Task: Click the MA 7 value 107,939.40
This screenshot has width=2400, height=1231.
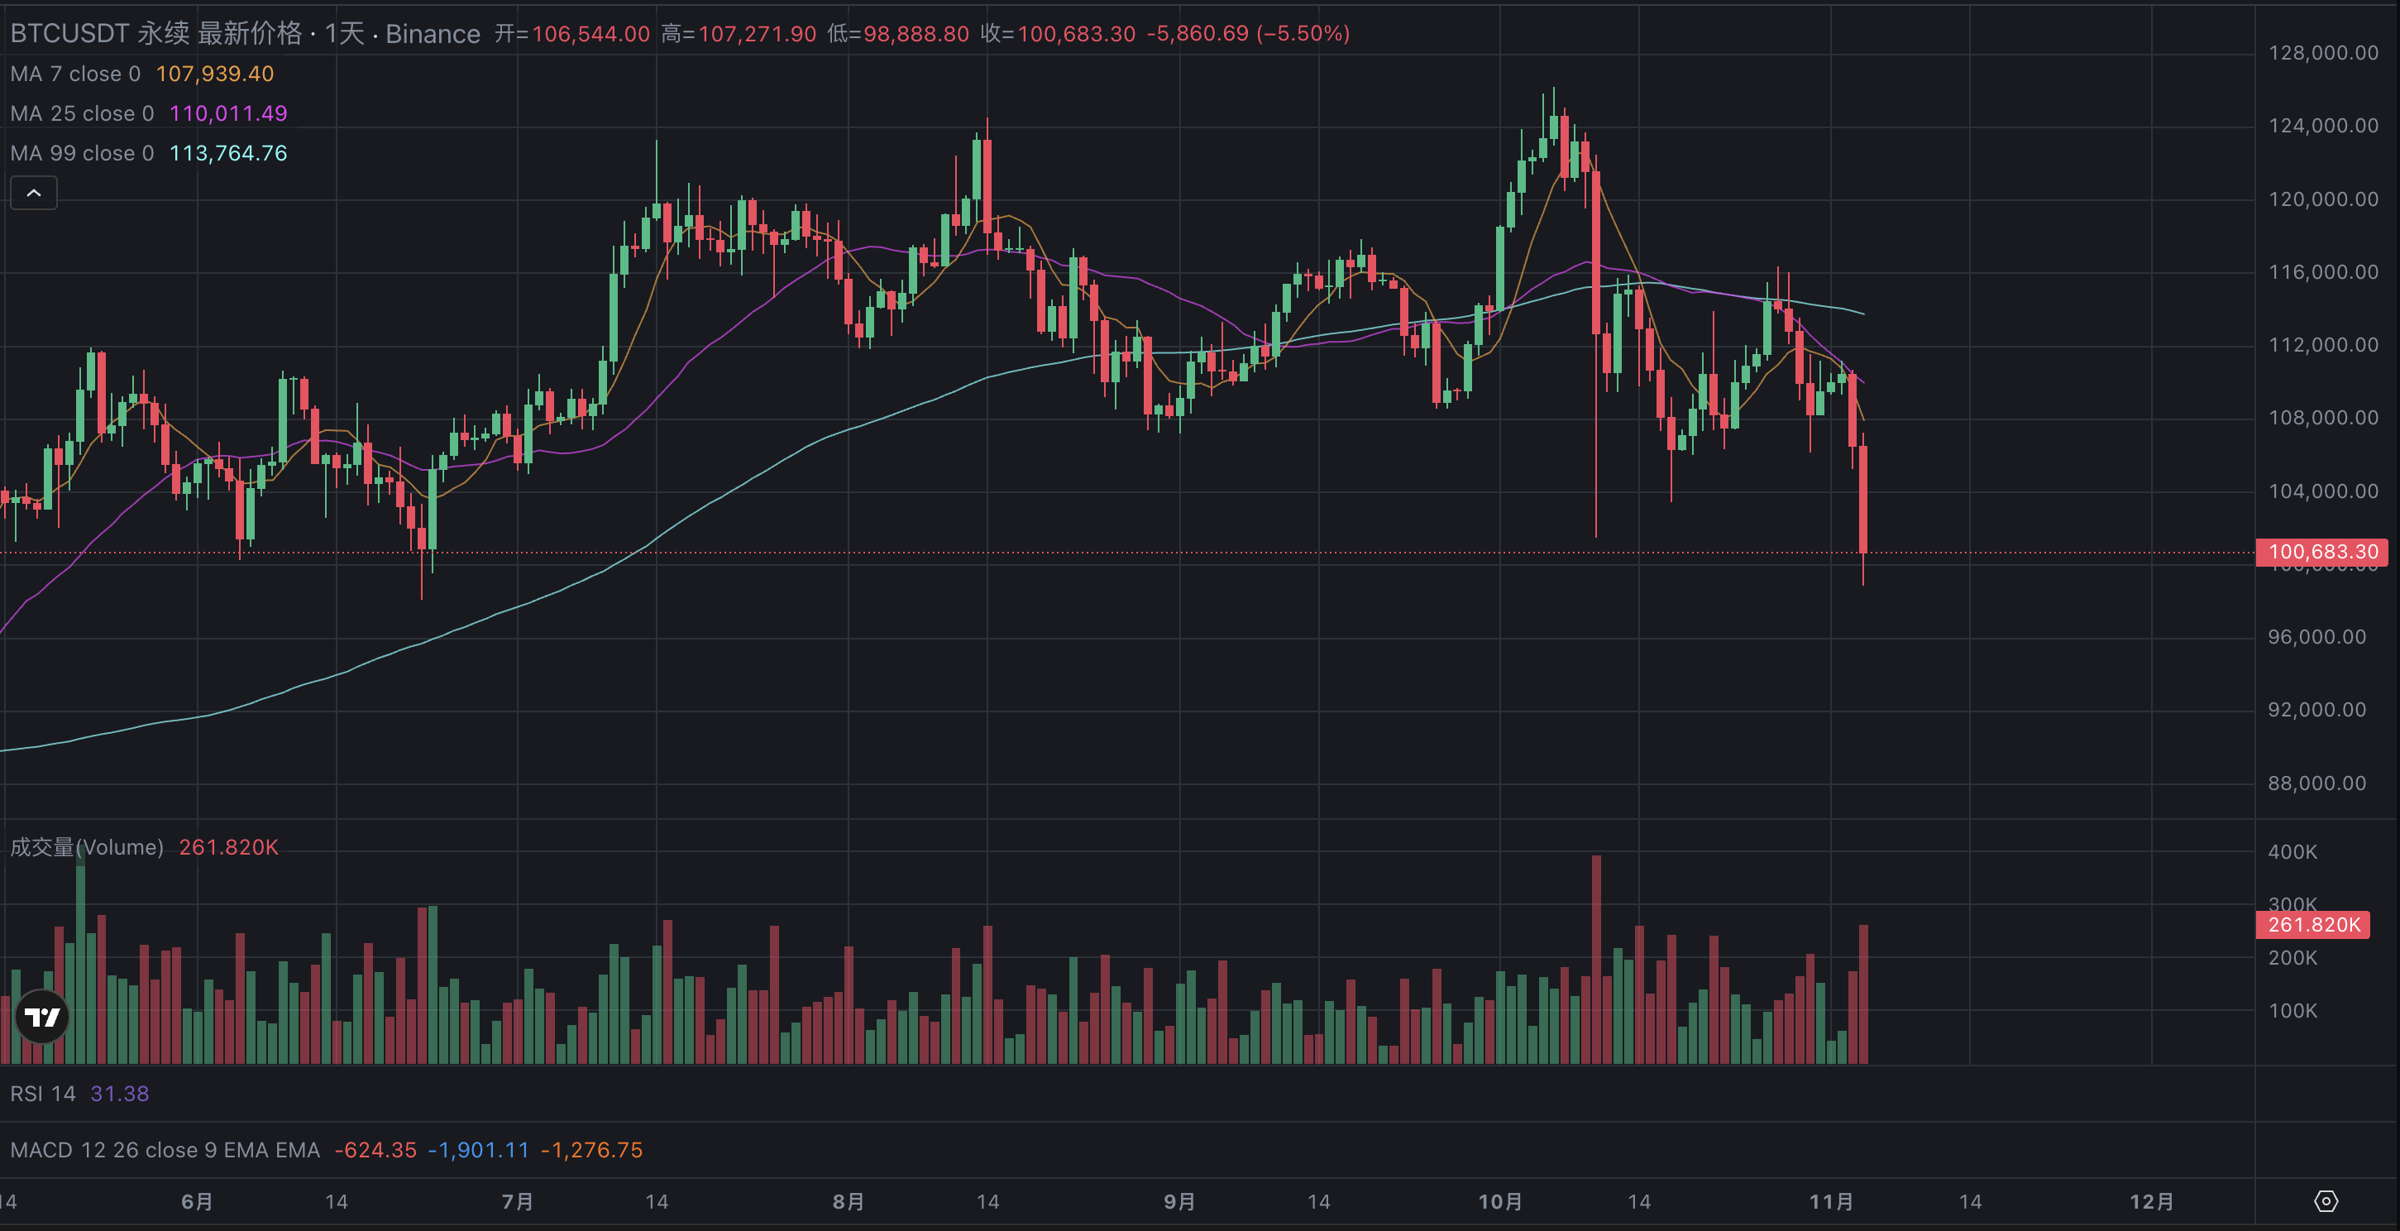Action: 214,74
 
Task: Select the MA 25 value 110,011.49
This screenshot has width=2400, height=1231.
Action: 228,113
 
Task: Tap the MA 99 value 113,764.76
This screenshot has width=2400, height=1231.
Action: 228,153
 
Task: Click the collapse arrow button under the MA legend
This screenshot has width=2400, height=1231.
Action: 34,193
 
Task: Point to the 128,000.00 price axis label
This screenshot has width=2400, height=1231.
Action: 2322,53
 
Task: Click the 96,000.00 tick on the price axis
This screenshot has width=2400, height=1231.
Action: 2316,637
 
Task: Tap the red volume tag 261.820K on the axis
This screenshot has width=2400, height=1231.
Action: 2312,924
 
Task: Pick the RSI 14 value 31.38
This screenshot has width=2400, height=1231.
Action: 119,1093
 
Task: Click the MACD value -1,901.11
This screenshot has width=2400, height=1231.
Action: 478,1150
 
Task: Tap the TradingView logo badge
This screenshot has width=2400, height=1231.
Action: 42,1017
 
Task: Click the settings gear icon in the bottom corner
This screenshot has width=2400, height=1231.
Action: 2326,1201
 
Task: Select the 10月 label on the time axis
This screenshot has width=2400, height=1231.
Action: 1500,1201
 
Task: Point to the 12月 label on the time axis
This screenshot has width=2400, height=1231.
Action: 2151,1201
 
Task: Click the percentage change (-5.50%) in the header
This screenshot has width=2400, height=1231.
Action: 1303,34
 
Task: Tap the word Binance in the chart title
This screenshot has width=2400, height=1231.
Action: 433,34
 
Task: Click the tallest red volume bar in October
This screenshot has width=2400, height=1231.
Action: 1596,960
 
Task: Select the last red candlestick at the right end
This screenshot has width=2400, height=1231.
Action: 1862,499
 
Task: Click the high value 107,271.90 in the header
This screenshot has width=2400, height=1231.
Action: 757,34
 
